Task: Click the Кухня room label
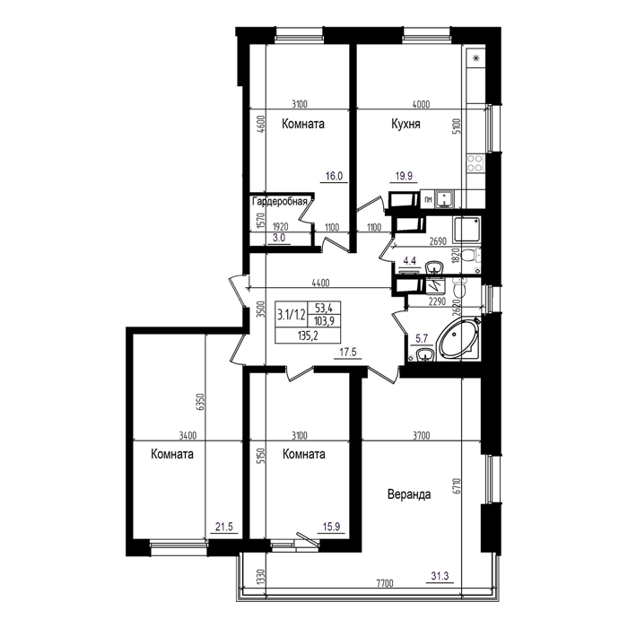[x=406, y=124]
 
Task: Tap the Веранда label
[x=409, y=494]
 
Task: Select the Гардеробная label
[x=280, y=202]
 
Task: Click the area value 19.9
[x=404, y=176]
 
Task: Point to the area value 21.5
[x=224, y=527]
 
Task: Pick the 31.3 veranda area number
[x=440, y=576]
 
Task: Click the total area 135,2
[x=308, y=336]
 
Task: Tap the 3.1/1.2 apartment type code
[x=292, y=315]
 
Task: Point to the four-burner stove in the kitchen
[x=475, y=162]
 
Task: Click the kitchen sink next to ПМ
[x=445, y=199]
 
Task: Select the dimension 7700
[x=385, y=583]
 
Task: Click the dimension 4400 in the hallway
[x=320, y=283]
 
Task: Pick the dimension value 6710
[x=458, y=485]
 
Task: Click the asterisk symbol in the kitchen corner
[x=476, y=58]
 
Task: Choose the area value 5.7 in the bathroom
[x=422, y=339]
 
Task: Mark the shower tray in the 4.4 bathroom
[x=467, y=230]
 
